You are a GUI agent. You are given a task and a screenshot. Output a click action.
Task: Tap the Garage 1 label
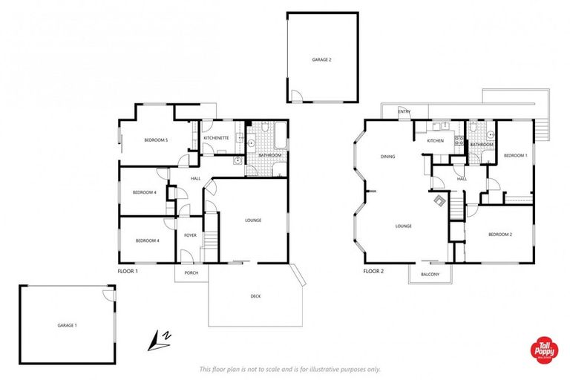(68, 325)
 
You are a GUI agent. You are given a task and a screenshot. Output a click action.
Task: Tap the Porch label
(191, 272)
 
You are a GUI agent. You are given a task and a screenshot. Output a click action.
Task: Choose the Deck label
(255, 296)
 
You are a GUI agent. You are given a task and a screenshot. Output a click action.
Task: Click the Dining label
(387, 157)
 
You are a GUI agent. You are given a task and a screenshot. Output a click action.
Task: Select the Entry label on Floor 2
(404, 112)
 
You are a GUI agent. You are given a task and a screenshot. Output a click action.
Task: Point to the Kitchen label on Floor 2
(435, 140)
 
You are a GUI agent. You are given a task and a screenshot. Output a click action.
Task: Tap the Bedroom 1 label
(515, 155)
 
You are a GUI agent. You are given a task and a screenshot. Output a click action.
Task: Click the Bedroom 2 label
(499, 235)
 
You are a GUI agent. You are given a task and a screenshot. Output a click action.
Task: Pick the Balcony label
(430, 275)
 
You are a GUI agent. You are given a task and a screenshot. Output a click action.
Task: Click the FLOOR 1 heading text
(128, 272)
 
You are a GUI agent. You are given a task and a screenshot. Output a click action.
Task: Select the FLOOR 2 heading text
(373, 272)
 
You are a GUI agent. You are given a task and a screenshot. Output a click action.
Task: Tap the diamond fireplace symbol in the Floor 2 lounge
(440, 200)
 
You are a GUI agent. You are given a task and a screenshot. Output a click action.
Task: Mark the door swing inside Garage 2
(295, 96)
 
